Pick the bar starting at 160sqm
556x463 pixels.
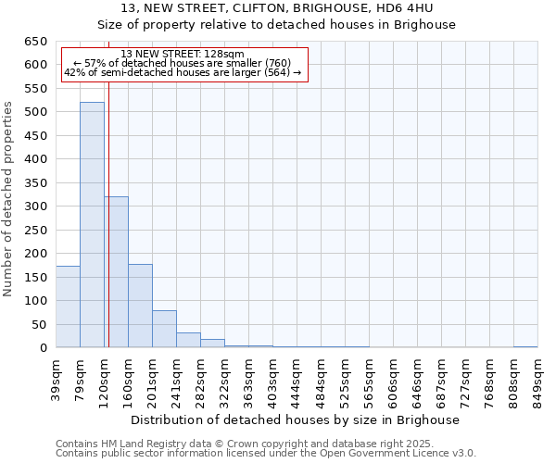click(x=140, y=306)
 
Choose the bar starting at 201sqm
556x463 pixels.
click(x=164, y=329)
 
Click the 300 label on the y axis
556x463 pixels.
click(x=35, y=206)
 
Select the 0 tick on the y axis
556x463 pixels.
click(x=43, y=348)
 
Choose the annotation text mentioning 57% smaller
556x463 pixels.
click(x=183, y=63)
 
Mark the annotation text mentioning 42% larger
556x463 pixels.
click(x=183, y=72)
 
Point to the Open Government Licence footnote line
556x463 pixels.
click(x=266, y=454)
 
